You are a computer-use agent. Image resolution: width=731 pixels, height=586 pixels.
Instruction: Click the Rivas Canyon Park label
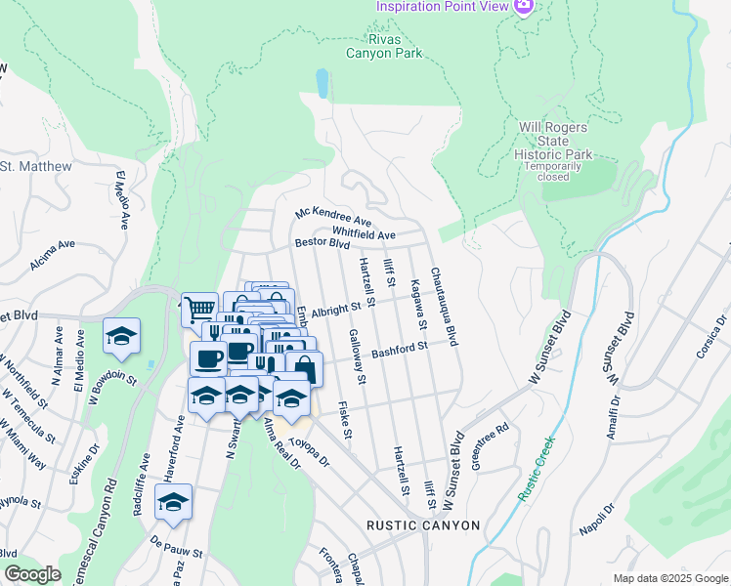click(x=384, y=45)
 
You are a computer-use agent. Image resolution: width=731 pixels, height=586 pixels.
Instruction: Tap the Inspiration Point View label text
click(x=443, y=7)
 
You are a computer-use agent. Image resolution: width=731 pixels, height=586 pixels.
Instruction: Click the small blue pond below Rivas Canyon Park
click(x=322, y=83)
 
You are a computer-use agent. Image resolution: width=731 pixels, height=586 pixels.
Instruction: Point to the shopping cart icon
click(x=199, y=311)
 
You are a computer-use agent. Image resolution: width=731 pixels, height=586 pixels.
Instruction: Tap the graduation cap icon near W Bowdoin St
click(x=122, y=336)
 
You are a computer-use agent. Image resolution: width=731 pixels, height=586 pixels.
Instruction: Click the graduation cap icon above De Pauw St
click(x=173, y=502)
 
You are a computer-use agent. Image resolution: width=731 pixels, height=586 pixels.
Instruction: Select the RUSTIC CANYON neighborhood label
click(x=423, y=525)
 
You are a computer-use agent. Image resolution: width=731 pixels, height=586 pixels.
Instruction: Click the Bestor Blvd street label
click(x=322, y=242)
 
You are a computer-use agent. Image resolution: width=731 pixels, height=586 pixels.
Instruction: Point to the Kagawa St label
click(x=418, y=302)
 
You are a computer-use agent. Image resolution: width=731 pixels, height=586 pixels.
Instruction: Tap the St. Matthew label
click(x=36, y=167)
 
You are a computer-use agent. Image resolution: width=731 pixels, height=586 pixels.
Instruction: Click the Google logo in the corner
click(x=32, y=574)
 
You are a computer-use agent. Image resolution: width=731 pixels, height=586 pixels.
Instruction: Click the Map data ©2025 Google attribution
click(x=669, y=578)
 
